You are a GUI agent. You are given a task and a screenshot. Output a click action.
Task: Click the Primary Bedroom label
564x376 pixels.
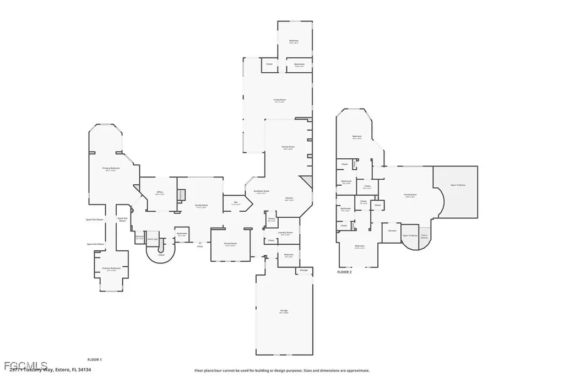111,169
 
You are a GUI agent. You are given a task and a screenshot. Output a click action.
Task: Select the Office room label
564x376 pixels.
160,193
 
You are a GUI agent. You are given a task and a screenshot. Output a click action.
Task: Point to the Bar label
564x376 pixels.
236,203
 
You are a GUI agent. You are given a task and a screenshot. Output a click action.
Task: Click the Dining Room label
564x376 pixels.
230,244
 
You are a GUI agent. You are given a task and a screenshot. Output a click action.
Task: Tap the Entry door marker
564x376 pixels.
200,245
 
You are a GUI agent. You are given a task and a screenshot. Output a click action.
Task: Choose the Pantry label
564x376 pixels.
271,219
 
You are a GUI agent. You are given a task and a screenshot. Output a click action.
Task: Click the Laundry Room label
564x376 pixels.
285,233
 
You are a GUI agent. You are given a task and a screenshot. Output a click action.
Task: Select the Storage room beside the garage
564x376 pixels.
304,270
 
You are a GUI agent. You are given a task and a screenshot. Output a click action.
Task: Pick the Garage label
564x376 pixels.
284,311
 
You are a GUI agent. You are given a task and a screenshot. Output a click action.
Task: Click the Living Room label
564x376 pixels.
280,100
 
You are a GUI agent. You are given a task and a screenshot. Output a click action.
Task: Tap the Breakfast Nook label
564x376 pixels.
261,191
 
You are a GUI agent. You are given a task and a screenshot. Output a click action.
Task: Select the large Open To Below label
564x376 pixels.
458,185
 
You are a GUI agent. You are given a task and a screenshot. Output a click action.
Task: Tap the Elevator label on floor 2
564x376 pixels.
392,230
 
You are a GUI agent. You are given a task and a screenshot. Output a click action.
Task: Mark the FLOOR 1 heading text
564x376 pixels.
94,359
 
